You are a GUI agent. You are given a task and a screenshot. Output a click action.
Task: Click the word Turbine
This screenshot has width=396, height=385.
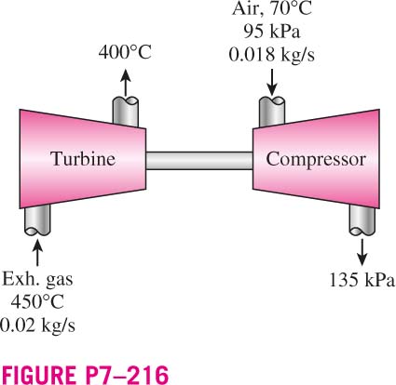pyautogui.click(x=83, y=158)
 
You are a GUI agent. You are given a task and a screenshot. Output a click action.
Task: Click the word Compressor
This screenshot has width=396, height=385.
pyautogui.click(x=316, y=160)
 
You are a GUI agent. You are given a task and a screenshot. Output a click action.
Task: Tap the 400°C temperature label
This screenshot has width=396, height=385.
pyautogui.click(x=125, y=52)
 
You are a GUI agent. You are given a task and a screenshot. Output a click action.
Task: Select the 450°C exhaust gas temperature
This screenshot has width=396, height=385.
pyautogui.click(x=37, y=301)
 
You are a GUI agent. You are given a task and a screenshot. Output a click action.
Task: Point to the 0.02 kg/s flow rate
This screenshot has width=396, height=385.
pyautogui.click(x=37, y=325)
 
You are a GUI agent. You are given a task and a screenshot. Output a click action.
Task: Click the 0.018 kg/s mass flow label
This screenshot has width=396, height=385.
pyautogui.click(x=272, y=54)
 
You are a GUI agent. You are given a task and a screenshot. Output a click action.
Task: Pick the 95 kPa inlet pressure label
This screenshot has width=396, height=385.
pyautogui.click(x=272, y=32)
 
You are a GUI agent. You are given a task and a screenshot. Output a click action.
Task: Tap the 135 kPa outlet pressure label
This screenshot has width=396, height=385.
pyautogui.click(x=362, y=280)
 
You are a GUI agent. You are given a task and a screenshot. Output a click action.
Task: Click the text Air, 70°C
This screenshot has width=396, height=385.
pyautogui.click(x=272, y=8)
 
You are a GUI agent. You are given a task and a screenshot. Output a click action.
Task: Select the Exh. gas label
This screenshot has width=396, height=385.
pyautogui.click(x=37, y=279)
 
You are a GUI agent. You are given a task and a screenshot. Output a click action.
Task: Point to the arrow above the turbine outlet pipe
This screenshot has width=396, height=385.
pyautogui.click(x=126, y=82)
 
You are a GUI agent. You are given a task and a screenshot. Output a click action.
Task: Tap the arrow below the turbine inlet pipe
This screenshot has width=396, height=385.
pyautogui.click(x=37, y=253)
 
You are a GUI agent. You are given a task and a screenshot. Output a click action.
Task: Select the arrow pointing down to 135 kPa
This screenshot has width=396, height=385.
pyautogui.click(x=362, y=252)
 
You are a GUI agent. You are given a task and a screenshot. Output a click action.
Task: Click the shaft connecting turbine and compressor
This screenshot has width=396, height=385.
pyautogui.click(x=199, y=161)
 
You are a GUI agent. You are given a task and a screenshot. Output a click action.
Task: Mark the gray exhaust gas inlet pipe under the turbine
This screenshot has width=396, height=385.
pyautogui.click(x=37, y=220)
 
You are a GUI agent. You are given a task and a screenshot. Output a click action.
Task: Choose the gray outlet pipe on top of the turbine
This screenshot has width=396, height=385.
pyautogui.click(x=126, y=112)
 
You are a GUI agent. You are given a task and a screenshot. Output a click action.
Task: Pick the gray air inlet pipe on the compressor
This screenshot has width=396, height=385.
pyautogui.click(x=272, y=112)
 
